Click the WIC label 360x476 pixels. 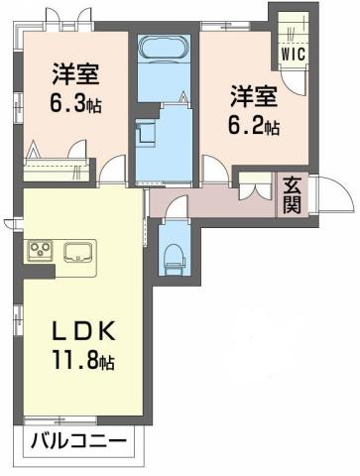point(294,55)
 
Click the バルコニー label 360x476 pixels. point(76,439)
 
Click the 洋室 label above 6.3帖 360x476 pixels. point(72,73)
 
